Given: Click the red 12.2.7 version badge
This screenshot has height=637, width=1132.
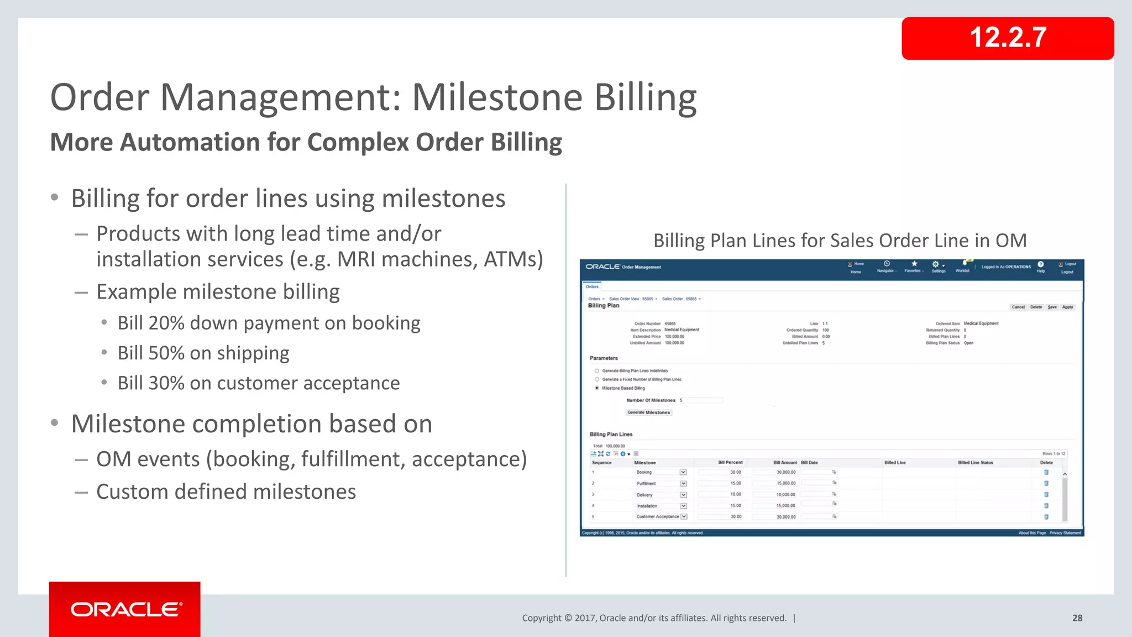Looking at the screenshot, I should click(x=1007, y=38).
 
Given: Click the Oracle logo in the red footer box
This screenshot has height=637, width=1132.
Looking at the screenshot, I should click(x=125, y=609).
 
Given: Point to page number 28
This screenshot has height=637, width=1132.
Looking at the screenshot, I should click(x=1077, y=618).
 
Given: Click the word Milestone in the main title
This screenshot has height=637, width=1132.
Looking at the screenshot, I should click(x=496, y=98).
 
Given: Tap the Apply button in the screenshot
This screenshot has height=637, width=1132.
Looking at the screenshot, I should click(x=1067, y=307).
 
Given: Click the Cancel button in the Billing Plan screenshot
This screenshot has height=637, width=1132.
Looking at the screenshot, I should click(x=1018, y=307).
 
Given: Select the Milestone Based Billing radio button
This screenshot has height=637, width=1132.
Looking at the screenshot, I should click(x=597, y=388).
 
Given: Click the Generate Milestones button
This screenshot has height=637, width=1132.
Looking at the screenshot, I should click(x=648, y=413).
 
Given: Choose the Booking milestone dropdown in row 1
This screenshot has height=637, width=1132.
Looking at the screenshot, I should click(x=683, y=472).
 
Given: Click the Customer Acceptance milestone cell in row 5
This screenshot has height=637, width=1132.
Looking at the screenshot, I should click(x=657, y=516).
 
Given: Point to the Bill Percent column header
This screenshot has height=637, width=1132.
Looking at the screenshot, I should click(x=730, y=462).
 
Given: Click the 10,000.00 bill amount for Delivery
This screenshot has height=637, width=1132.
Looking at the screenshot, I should click(x=785, y=495).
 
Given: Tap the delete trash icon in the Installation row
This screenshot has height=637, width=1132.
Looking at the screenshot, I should click(x=1046, y=505).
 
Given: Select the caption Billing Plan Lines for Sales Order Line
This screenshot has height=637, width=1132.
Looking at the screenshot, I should click(x=839, y=241).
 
